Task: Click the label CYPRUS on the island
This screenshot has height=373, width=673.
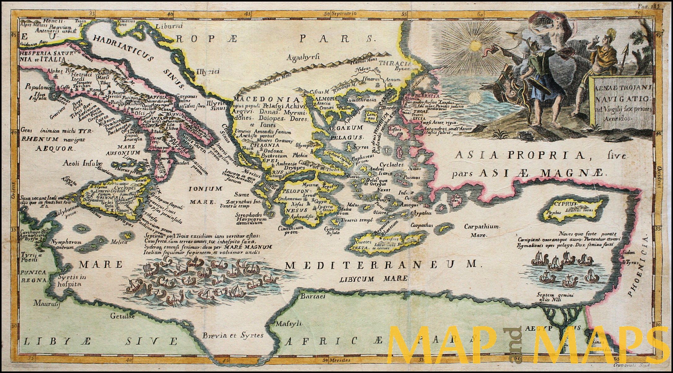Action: point(566,204)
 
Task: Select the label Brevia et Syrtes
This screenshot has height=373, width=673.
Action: point(233,335)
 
